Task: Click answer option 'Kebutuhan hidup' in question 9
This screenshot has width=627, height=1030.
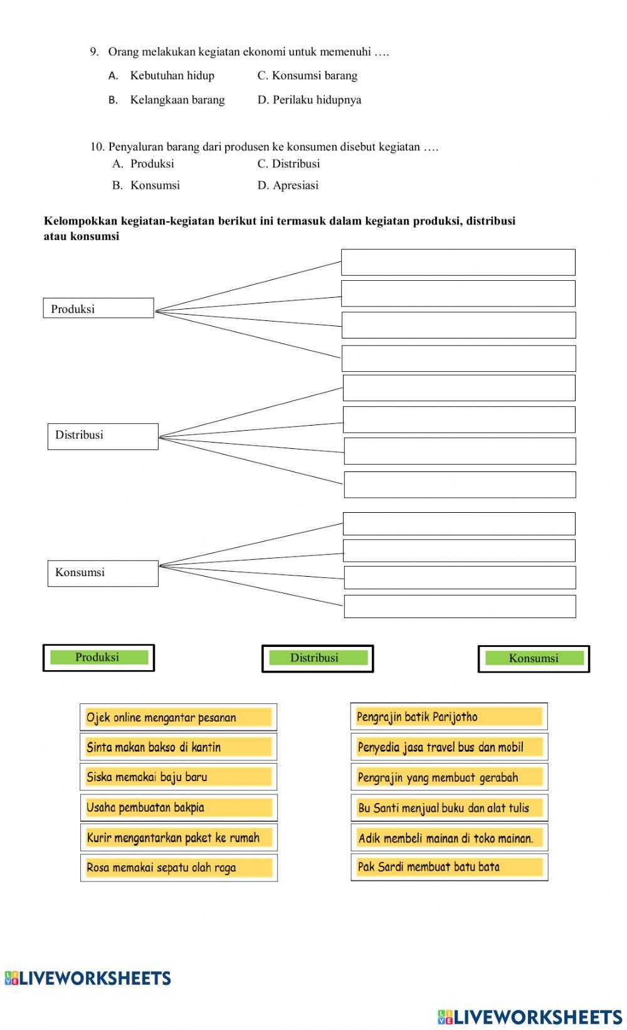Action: (x=172, y=76)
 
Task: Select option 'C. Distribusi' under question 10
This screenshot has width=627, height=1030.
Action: (x=288, y=164)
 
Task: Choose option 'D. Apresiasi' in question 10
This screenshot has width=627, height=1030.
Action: (x=288, y=186)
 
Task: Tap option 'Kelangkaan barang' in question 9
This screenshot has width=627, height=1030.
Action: (x=177, y=100)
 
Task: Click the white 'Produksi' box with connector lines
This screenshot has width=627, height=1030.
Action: (x=98, y=308)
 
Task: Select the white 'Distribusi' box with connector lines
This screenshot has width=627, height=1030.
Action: (x=103, y=436)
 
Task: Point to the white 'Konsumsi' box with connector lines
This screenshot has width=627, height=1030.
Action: (x=103, y=573)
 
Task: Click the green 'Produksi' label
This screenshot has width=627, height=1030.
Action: (x=98, y=658)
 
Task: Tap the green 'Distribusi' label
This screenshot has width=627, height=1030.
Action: (x=317, y=658)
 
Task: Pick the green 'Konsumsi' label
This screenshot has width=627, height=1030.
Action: (x=534, y=659)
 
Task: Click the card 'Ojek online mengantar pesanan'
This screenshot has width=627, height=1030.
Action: (x=178, y=717)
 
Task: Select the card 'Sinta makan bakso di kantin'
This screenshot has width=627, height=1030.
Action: (x=178, y=747)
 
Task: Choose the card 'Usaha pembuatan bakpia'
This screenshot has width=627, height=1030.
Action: (x=178, y=807)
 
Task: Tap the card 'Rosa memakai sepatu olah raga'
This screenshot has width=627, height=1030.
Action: (x=178, y=868)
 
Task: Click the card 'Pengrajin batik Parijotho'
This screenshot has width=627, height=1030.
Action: (x=449, y=717)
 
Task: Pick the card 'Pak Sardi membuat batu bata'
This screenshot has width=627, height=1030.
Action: (x=449, y=867)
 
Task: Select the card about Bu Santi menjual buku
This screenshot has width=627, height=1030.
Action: (x=449, y=808)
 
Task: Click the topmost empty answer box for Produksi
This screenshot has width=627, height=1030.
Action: (x=458, y=262)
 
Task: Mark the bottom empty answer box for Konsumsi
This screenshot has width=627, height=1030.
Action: (x=460, y=606)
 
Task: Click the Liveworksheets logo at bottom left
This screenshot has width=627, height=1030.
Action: (x=88, y=979)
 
